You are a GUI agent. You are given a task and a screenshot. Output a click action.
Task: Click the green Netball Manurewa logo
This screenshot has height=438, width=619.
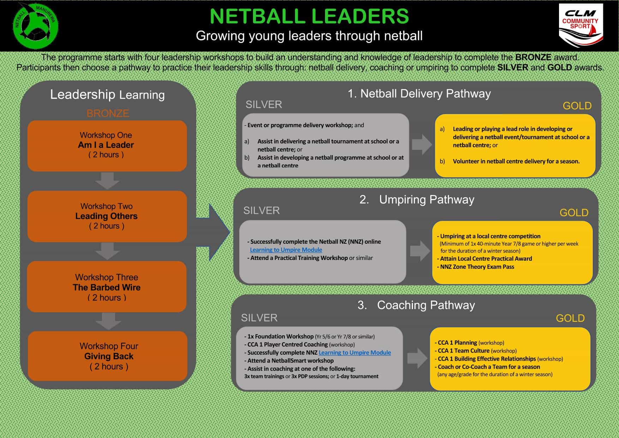35,26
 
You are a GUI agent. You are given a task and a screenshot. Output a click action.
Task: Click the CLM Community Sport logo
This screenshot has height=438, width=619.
580,25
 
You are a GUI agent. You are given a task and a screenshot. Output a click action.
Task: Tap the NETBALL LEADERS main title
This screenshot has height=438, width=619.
309,16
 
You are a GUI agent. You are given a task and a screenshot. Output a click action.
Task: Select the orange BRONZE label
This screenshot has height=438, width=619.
108,113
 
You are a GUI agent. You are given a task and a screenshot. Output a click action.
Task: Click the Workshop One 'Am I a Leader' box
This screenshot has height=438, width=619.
107,146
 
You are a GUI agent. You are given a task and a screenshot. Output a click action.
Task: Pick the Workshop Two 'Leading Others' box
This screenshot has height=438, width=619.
107,216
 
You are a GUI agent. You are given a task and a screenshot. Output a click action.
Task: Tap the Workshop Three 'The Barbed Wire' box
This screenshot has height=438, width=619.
107,287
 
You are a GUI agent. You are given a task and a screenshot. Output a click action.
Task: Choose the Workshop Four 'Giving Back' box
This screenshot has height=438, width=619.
108,356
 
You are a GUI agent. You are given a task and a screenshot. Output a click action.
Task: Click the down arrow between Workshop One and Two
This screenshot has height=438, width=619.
107,181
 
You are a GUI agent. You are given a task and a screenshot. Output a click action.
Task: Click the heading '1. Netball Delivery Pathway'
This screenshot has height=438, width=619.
419,94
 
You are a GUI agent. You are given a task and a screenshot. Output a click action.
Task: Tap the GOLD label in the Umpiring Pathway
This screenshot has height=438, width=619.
574,213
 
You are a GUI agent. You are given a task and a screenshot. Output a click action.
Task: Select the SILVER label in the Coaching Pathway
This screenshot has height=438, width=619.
259,318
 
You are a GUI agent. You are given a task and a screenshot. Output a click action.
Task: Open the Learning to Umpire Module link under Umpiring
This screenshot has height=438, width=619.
286,250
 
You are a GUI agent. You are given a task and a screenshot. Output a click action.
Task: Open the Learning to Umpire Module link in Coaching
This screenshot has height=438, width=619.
355,353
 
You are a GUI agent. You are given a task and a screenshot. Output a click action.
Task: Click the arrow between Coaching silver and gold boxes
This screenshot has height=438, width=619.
417,358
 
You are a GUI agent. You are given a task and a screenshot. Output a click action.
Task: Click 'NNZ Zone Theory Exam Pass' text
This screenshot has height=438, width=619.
477,267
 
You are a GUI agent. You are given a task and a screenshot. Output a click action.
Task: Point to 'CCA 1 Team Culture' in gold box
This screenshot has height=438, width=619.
463,351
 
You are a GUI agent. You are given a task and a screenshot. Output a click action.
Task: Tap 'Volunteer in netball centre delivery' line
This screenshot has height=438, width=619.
516,161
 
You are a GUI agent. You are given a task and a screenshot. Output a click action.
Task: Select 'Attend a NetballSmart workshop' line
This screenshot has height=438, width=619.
290,361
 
